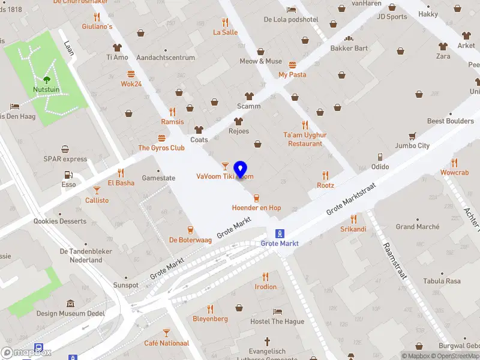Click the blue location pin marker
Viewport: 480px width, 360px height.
(241, 170)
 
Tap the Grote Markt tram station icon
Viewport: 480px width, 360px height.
(279, 233)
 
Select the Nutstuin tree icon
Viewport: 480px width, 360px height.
(47, 79)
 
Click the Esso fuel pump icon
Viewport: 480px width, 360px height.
(68, 175)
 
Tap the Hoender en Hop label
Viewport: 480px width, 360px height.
(256, 208)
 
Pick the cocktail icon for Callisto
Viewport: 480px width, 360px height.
(97, 190)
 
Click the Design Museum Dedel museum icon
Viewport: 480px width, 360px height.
(70, 304)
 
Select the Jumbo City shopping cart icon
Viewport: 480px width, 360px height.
(412, 136)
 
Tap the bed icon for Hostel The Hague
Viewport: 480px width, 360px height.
(277, 311)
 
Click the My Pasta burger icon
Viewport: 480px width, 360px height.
(292, 65)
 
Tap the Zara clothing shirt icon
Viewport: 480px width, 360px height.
(443, 46)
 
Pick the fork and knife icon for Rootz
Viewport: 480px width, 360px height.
(325, 175)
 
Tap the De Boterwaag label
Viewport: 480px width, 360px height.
(190, 239)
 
